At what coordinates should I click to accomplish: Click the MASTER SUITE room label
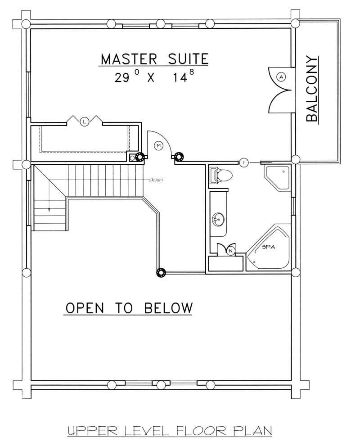(154, 59)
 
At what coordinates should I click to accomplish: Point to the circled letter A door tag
(282, 77)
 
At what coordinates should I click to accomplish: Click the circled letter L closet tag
(84, 121)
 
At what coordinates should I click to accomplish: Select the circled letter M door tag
(158, 145)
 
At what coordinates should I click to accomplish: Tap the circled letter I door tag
(243, 162)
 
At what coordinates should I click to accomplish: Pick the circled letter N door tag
(231, 251)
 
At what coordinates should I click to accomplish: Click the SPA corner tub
(269, 249)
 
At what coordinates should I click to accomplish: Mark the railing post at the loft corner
(160, 272)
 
